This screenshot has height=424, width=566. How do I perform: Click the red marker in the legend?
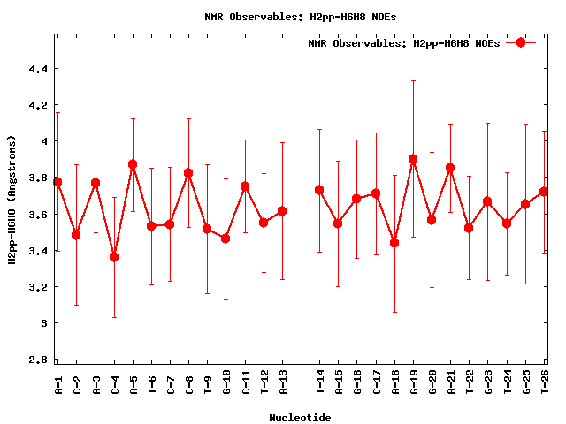point(521,42)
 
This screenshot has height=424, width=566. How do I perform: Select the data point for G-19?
point(413,159)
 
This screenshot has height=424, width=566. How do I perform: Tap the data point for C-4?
point(114,257)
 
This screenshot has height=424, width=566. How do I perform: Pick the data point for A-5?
point(133,164)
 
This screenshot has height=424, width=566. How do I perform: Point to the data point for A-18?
point(394,243)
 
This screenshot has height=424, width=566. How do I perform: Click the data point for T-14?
point(319,190)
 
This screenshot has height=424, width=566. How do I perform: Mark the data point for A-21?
point(450,168)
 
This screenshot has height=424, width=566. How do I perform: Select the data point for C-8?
point(188,173)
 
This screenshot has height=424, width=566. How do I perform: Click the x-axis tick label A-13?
point(283,382)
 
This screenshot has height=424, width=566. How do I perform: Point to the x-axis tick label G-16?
point(357,382)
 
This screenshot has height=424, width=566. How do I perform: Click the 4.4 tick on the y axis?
point(41,69)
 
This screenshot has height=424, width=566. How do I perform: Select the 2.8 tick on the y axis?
point(41,360)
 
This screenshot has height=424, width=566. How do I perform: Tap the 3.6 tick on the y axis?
point(41,214)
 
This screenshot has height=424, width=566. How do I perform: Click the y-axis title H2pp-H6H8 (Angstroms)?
point(12,200)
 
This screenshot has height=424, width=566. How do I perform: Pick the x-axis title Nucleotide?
point(301,418)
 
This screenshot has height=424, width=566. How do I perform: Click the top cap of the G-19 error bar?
point(413,80)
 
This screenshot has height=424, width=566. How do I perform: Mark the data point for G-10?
point(226,238)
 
